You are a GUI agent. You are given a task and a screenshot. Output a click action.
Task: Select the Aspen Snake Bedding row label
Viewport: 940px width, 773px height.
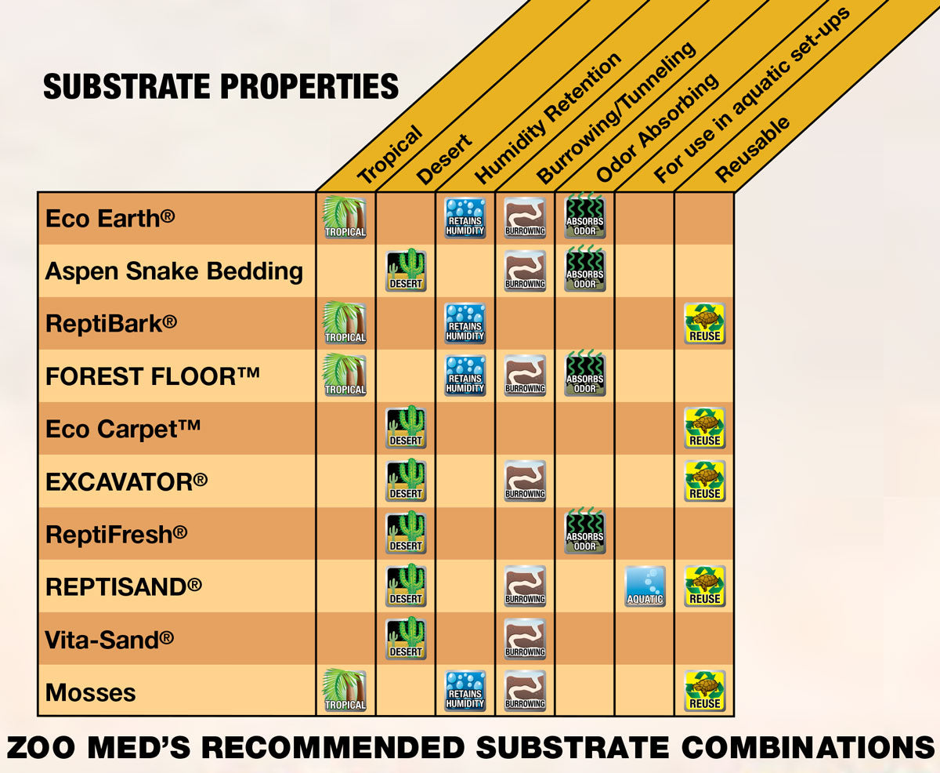pyautogui.click(x=174, y=271)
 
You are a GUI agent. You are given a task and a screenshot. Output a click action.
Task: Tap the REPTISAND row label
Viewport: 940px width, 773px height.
pyautogui.click(x=124, y=586)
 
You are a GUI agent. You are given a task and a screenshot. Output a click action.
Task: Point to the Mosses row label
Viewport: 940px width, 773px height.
pyautogui.click(x=90, y=692)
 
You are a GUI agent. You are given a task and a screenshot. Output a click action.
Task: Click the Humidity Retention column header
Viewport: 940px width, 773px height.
pyautogui.click(x=548, y=118)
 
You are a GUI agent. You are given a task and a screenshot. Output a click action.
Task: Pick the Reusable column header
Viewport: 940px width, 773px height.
pyautogui.click(x=753, y=150)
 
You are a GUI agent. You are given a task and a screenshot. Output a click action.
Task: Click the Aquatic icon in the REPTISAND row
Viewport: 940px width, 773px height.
pyautogui.click(x=645, y=586)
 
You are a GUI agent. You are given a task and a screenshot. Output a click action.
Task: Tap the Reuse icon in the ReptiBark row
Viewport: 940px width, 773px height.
pyautogui.click(x=704, y=323)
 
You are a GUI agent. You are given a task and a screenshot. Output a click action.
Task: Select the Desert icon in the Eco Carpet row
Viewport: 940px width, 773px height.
pyautogui.click(x=406, y=428)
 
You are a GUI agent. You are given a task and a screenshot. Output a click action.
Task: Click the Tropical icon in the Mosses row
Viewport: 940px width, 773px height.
pyautogui.click(x=345, y=691)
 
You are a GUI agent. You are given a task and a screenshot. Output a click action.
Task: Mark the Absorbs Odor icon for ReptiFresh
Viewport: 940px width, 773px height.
pyautogui.click(x=585, y=533)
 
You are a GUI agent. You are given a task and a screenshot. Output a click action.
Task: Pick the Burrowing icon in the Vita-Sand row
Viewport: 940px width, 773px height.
pyautogui.click(x=525, y=638)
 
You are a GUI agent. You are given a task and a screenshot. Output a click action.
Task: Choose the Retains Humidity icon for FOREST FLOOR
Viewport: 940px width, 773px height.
pyautogui.click(x=465, y=376)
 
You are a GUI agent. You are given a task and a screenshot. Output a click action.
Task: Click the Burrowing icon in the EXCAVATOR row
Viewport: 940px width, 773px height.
pyautogui.click(x=525, y=481)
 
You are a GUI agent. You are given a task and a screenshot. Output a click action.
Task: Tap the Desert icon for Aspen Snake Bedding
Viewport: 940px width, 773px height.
pyautogui.click(x=406, y=270)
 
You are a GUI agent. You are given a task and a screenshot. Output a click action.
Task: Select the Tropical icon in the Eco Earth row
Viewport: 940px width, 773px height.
pyautogui.click(x=345, y=217)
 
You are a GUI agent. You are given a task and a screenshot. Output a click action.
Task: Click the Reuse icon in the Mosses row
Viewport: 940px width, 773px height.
pyautogui.click(x=704, y=691)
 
